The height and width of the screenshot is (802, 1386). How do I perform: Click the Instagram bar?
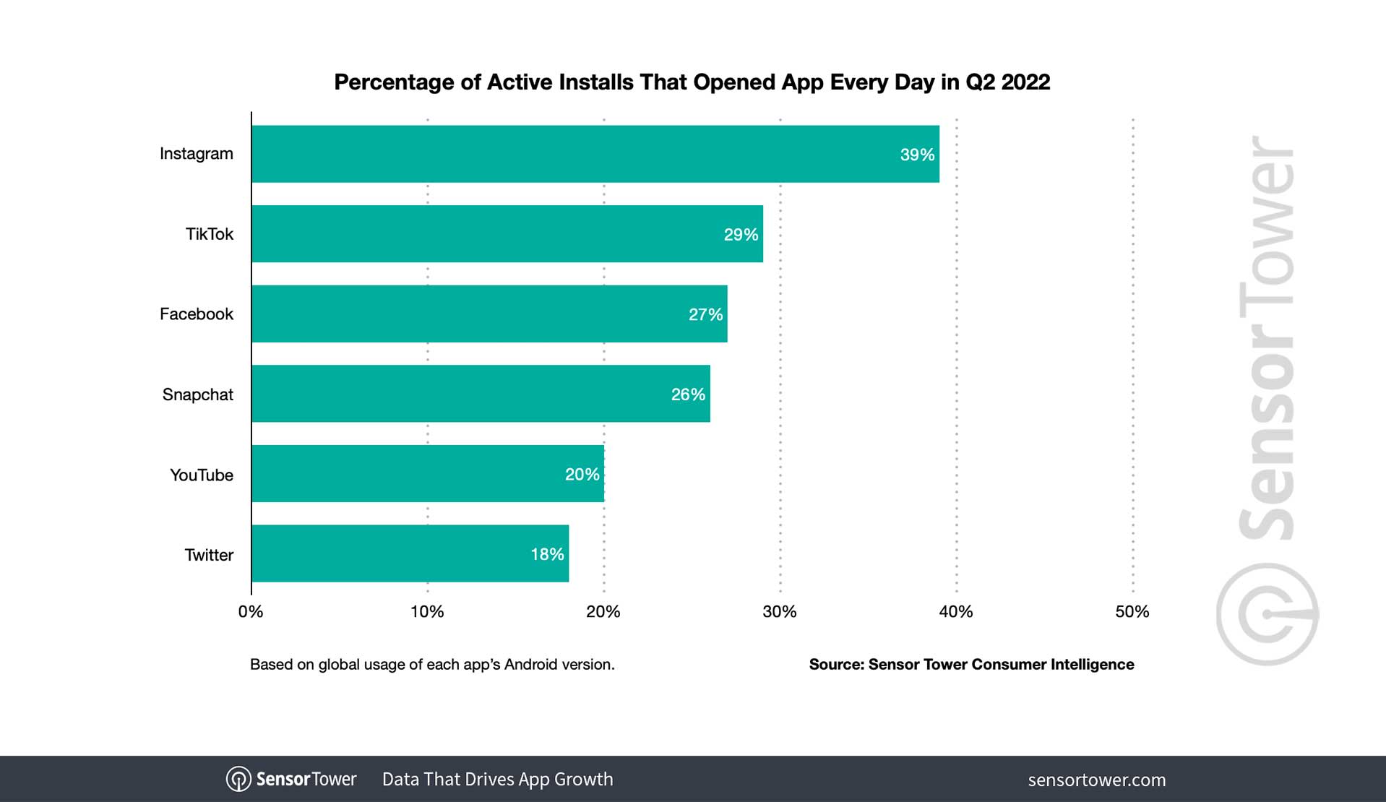(x=595, y=154)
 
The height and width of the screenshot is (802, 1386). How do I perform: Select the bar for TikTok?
(x=507, y=234)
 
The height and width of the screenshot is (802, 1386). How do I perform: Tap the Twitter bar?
(x=410, y=553)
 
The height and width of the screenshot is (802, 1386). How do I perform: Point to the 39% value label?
(x=917, y=155)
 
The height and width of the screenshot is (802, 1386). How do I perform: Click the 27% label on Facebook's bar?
(x=705, y=314)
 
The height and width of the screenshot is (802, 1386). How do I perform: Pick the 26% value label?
(x=688, y=394)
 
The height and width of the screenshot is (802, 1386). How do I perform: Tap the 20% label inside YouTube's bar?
(x=582, y=475)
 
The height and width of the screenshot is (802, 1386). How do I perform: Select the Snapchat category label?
(x=197, y=394)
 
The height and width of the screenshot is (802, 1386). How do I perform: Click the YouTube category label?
(x=201, y=475)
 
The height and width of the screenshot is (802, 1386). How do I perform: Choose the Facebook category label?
(x=196, y=314)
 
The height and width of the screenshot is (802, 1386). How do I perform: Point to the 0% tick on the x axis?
(x=251, y=612)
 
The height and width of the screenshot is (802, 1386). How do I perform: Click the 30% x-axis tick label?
(x=780, y=612)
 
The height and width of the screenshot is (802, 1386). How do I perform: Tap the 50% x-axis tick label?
(x=1132, y=612)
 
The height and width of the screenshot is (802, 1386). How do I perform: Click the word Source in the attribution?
(x=835, y=665)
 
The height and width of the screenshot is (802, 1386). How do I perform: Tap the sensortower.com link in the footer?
(x=1096, y=780)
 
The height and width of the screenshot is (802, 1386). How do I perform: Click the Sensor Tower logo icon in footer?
(x=238, y=780)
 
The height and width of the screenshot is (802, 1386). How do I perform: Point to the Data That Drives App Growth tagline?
(x=497, y=780)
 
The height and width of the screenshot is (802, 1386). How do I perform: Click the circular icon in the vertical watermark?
(x=1267, y=614)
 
